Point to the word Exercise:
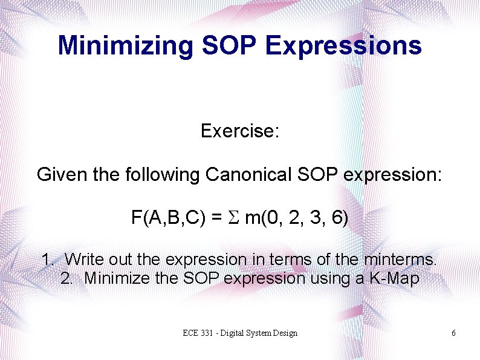239,131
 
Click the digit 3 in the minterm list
314,218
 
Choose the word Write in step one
84,260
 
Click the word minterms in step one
400,260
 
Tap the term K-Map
392,278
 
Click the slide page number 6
453,333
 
